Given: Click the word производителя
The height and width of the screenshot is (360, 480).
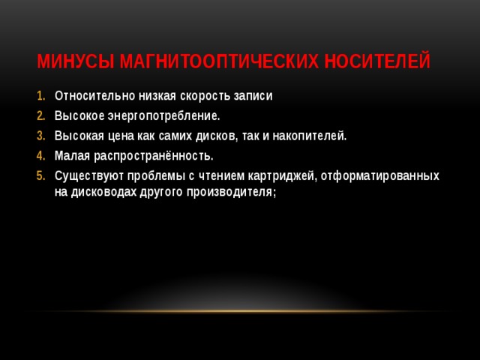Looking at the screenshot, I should coord(234,192).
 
